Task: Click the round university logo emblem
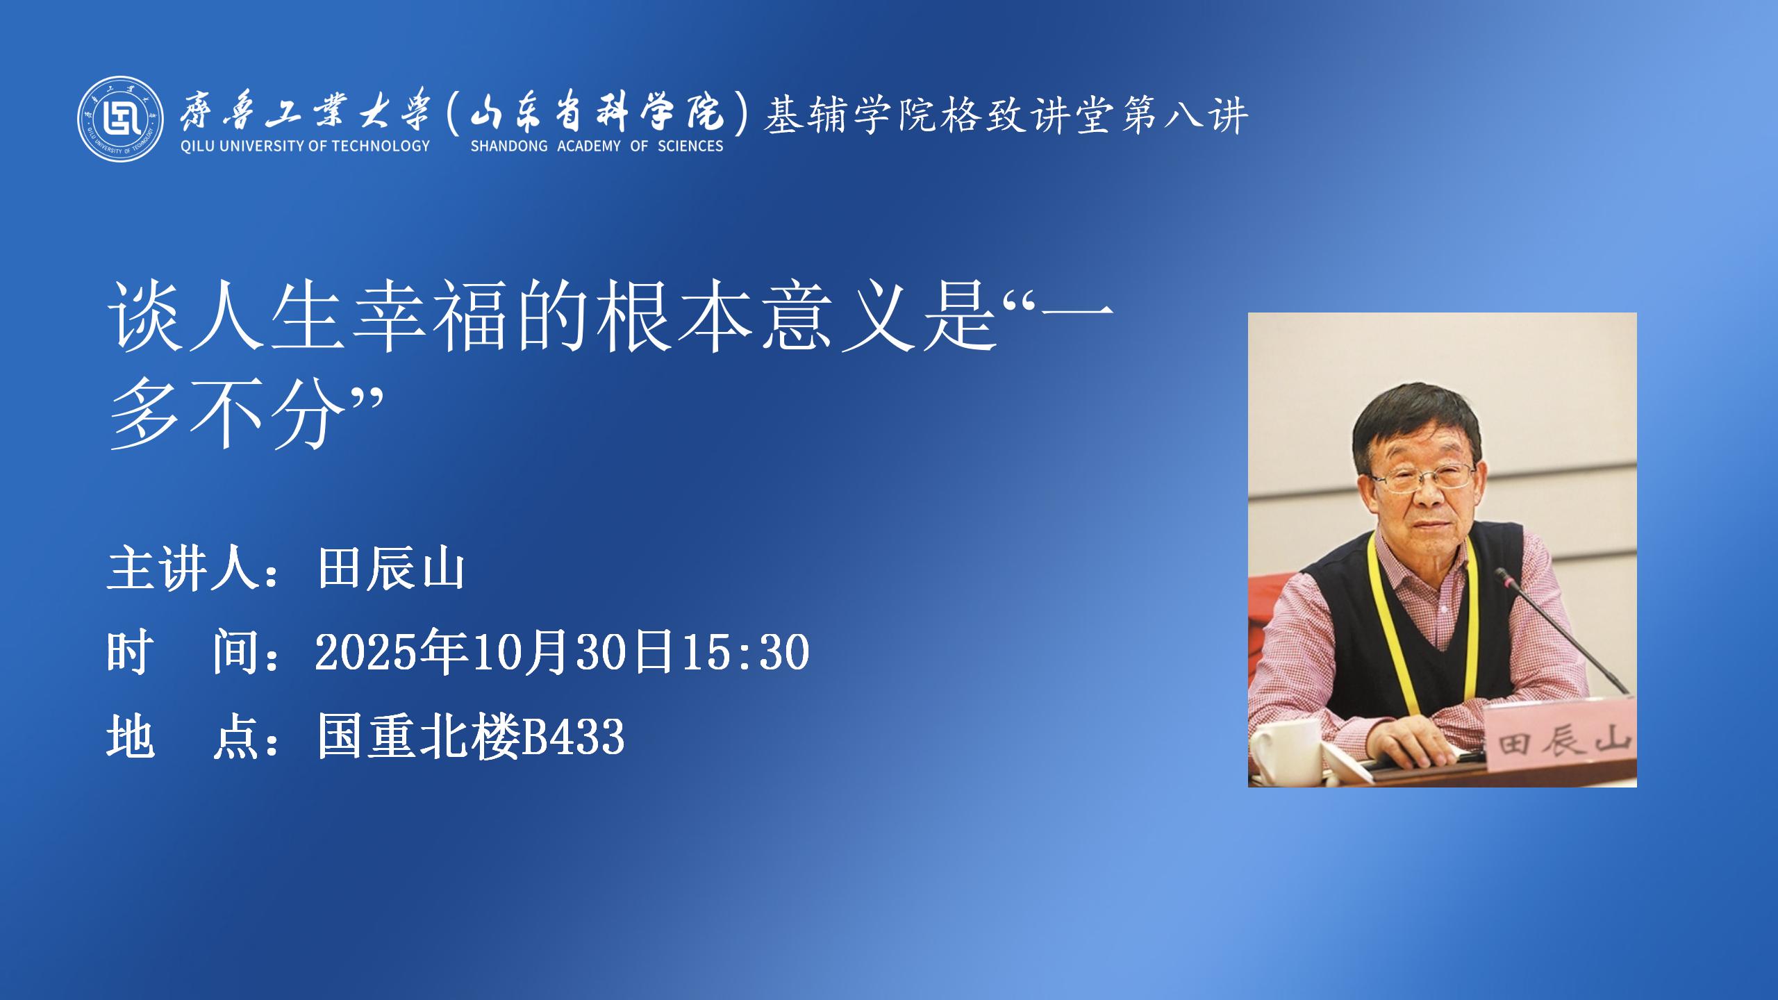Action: pos(121,118)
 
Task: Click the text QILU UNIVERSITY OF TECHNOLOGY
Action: pos(305,146)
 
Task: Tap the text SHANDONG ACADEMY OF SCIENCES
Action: pos(597,146)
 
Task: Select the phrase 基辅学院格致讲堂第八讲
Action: pos(1006,115)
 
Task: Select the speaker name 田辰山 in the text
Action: pos(391,570)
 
